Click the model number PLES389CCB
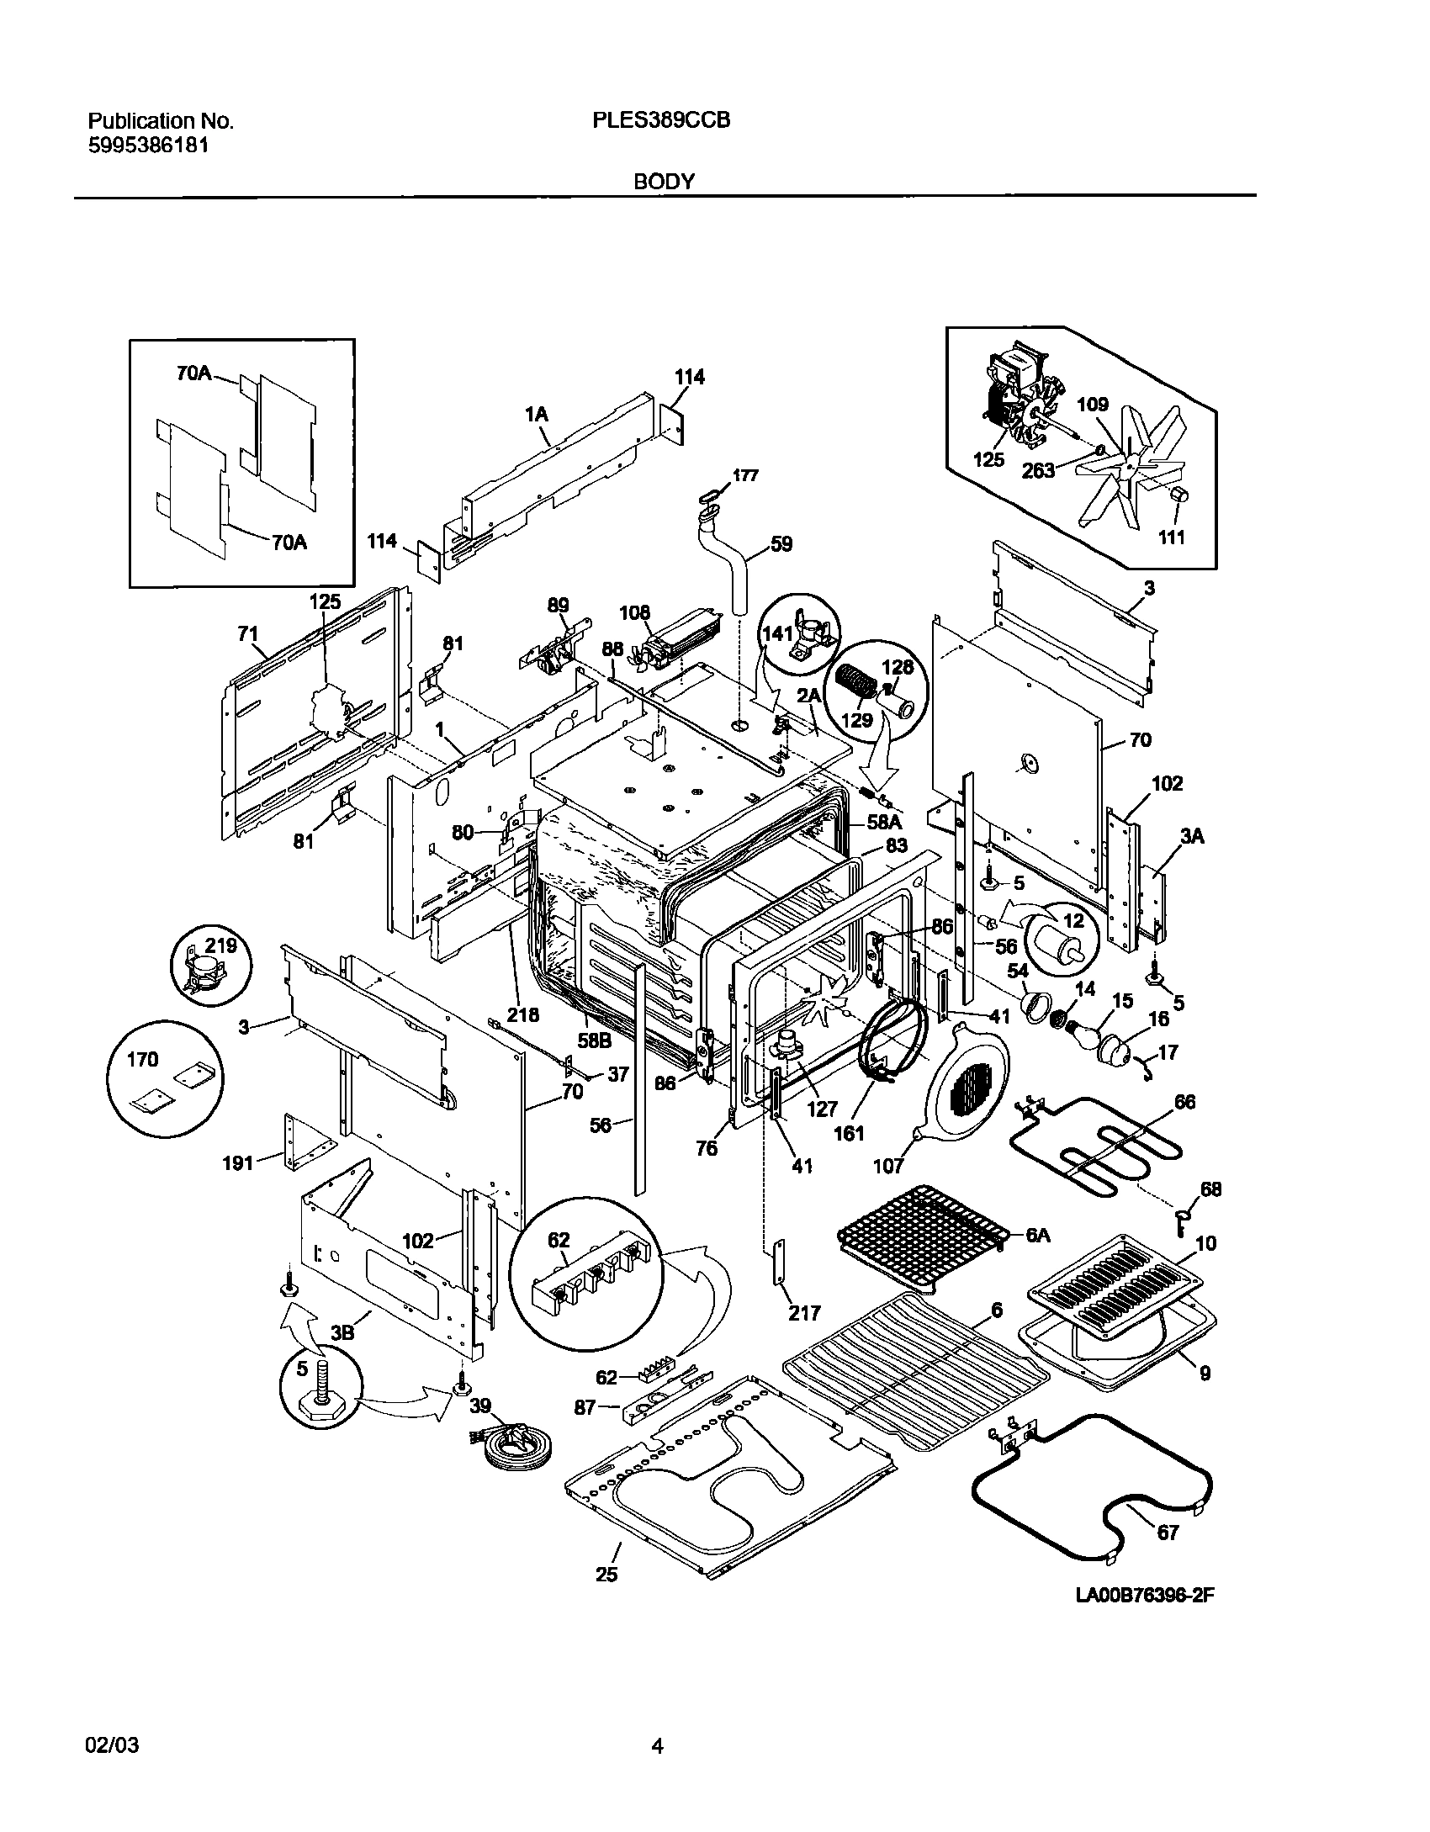[x=660, y=120]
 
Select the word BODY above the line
[x=664, y=181]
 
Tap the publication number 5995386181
[x=148, y=145]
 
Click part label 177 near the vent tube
[x=744, y=475]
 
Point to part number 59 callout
[x=781, y=544]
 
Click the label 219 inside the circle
[x=221, y=945]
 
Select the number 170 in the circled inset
[x=142, y=1060]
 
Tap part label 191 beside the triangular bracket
[x=238, y=1163]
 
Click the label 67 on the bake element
[x=1168, y=1533]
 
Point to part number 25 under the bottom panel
[x=606, y=1575]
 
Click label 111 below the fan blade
[x=1171, y=537]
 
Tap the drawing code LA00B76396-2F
[x=1146, y=1619]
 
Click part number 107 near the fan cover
[x=888, y=1166]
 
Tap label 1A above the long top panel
[x=537, y=414]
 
